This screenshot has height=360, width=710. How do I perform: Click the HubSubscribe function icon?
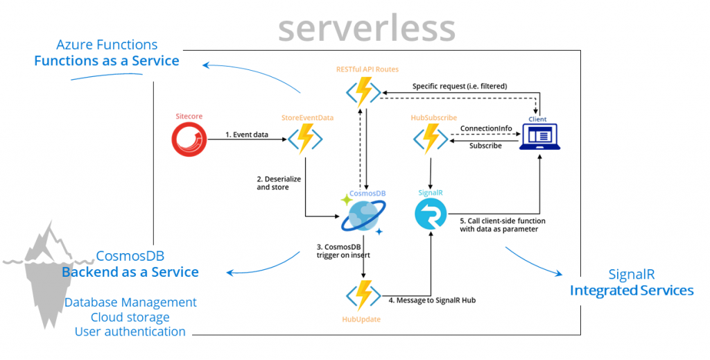(431, 139)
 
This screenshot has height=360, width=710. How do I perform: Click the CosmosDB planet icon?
(363, 215)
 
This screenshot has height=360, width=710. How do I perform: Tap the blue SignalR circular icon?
(431, 214)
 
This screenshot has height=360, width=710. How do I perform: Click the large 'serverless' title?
(367, 28)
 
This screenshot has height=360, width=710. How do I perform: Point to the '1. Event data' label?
(246, 134)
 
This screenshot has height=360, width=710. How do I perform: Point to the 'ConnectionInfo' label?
(485, 129)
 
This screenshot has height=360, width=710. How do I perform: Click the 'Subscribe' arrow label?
(485, 146)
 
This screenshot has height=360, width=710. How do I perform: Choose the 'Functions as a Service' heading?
(107, 61)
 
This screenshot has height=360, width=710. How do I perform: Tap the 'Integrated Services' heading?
(631, 290)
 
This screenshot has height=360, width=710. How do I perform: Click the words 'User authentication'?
(130, 332)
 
